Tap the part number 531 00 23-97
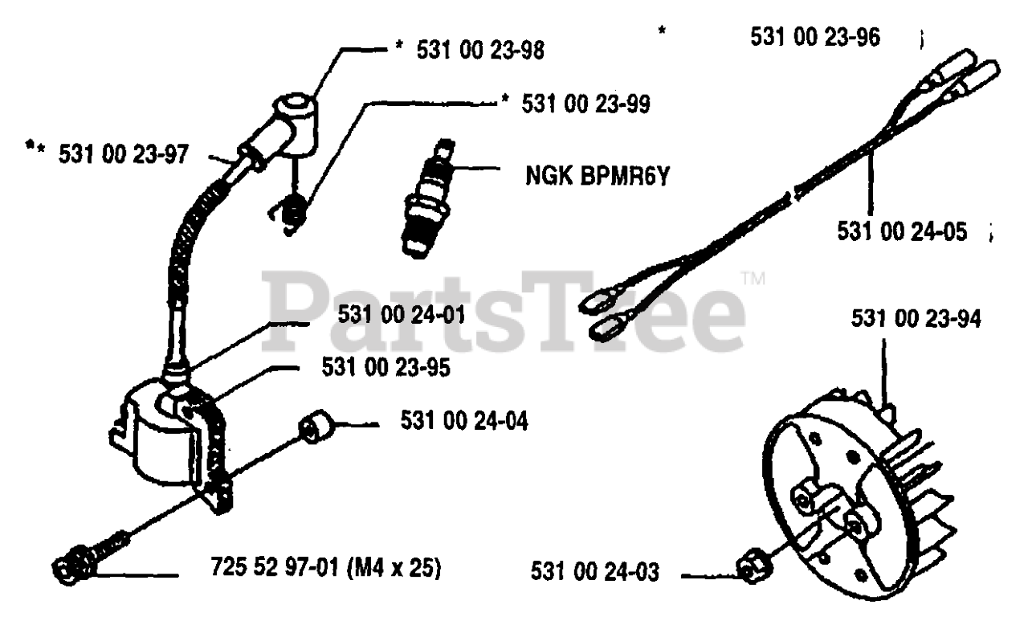[x=123, y=154]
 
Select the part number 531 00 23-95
[x=385, y=368]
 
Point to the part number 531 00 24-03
[x=595, y=573]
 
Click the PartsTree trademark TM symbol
[x=753, y=280]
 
